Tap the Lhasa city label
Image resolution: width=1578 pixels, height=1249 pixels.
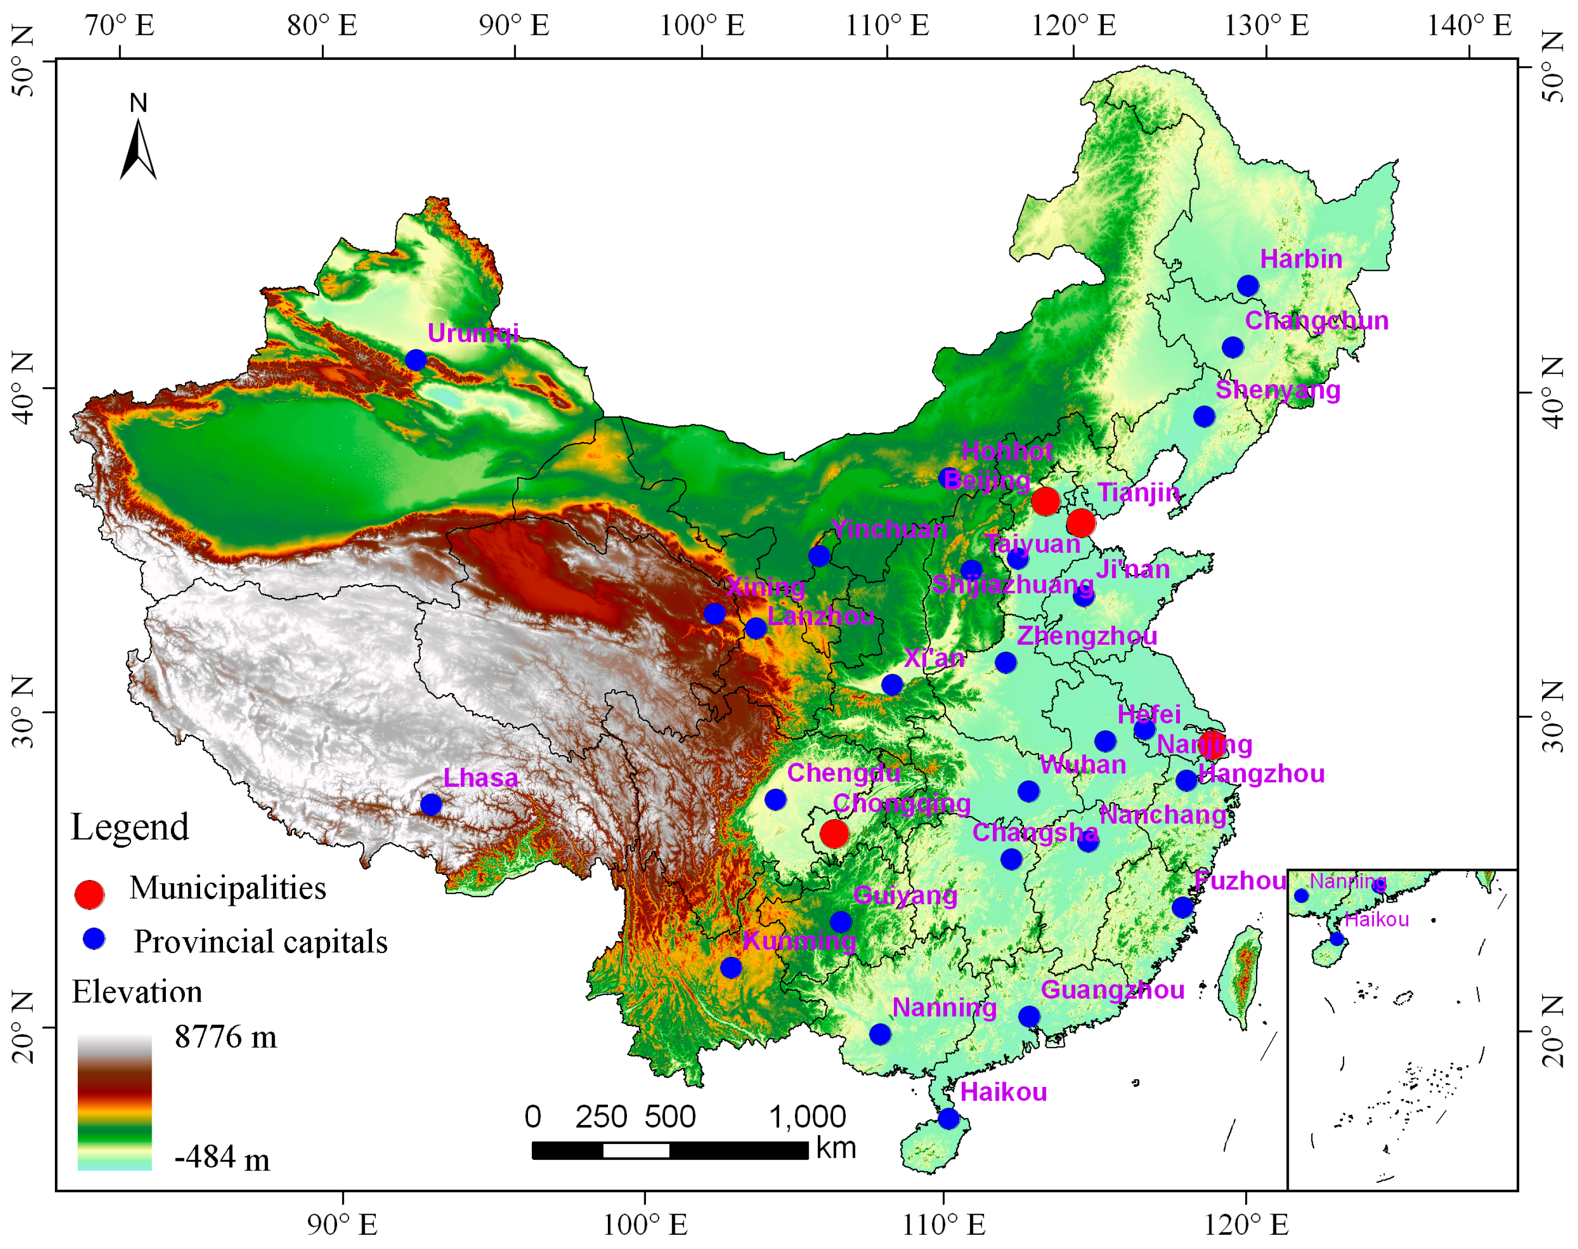coord(480,778)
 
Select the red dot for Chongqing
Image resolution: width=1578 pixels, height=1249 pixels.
coord(834,833)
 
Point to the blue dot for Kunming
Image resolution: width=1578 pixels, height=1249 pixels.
coord(731,967)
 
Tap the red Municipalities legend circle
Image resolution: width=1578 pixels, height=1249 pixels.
coord(90,894)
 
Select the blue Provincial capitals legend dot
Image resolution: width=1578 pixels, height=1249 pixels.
coord(94,939)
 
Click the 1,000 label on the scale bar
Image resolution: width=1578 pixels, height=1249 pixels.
coord(807,1117)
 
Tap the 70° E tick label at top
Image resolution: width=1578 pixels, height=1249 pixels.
coord(120,26)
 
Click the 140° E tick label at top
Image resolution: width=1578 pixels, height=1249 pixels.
coord(1469,26)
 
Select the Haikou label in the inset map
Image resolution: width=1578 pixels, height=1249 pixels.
coord(1376,919)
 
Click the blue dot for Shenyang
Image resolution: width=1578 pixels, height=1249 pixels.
coord(1204,417)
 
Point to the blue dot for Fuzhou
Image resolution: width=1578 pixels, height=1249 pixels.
coord(1182,907)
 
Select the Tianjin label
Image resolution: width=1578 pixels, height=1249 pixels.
coord(1138,493)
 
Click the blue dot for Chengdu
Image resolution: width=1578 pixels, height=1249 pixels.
coord(775,799)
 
